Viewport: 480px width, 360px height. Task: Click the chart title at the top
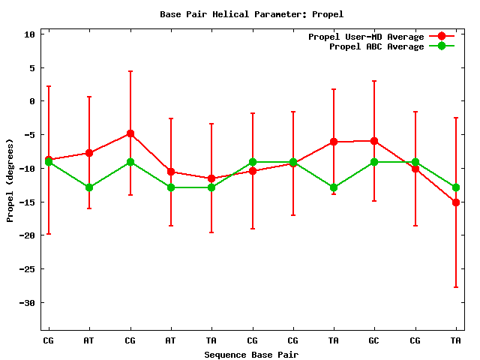coord(251,14)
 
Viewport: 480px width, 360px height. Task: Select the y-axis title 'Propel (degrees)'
coord(10,180)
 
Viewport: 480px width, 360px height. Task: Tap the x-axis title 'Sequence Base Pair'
coord(251,354)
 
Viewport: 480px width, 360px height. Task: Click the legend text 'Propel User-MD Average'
coord(366,37)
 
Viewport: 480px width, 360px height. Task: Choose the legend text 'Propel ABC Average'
coord(376,46)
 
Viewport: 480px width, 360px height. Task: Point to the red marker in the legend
coord(442,37)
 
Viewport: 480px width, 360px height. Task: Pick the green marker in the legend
coord(442,46)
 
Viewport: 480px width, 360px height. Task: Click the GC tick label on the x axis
coord(373,340)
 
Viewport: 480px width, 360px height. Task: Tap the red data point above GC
coord(373,141)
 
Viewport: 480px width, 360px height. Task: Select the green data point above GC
coord(373,162)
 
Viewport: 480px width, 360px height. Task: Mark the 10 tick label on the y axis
coord(30,34)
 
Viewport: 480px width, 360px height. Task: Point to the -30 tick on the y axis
coord(28,303)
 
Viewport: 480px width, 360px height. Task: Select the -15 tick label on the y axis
coord(28,202)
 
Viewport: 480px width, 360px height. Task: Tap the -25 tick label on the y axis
coord(28,269)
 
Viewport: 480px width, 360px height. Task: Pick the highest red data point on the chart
coord(130,133)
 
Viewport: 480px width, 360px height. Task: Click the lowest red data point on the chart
coord(455,202)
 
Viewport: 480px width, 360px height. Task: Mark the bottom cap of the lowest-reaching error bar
coord(455,287)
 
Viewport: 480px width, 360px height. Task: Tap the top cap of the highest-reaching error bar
coord(130,71)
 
